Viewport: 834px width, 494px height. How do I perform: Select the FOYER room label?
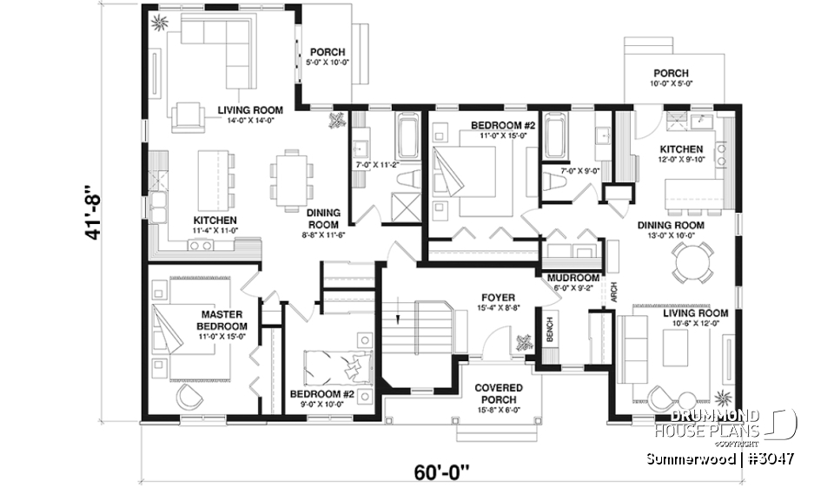499,297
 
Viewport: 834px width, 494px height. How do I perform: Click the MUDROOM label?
570,278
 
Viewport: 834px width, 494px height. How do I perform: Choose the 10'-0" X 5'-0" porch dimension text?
671,84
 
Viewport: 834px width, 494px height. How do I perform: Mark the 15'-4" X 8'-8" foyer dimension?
499,308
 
